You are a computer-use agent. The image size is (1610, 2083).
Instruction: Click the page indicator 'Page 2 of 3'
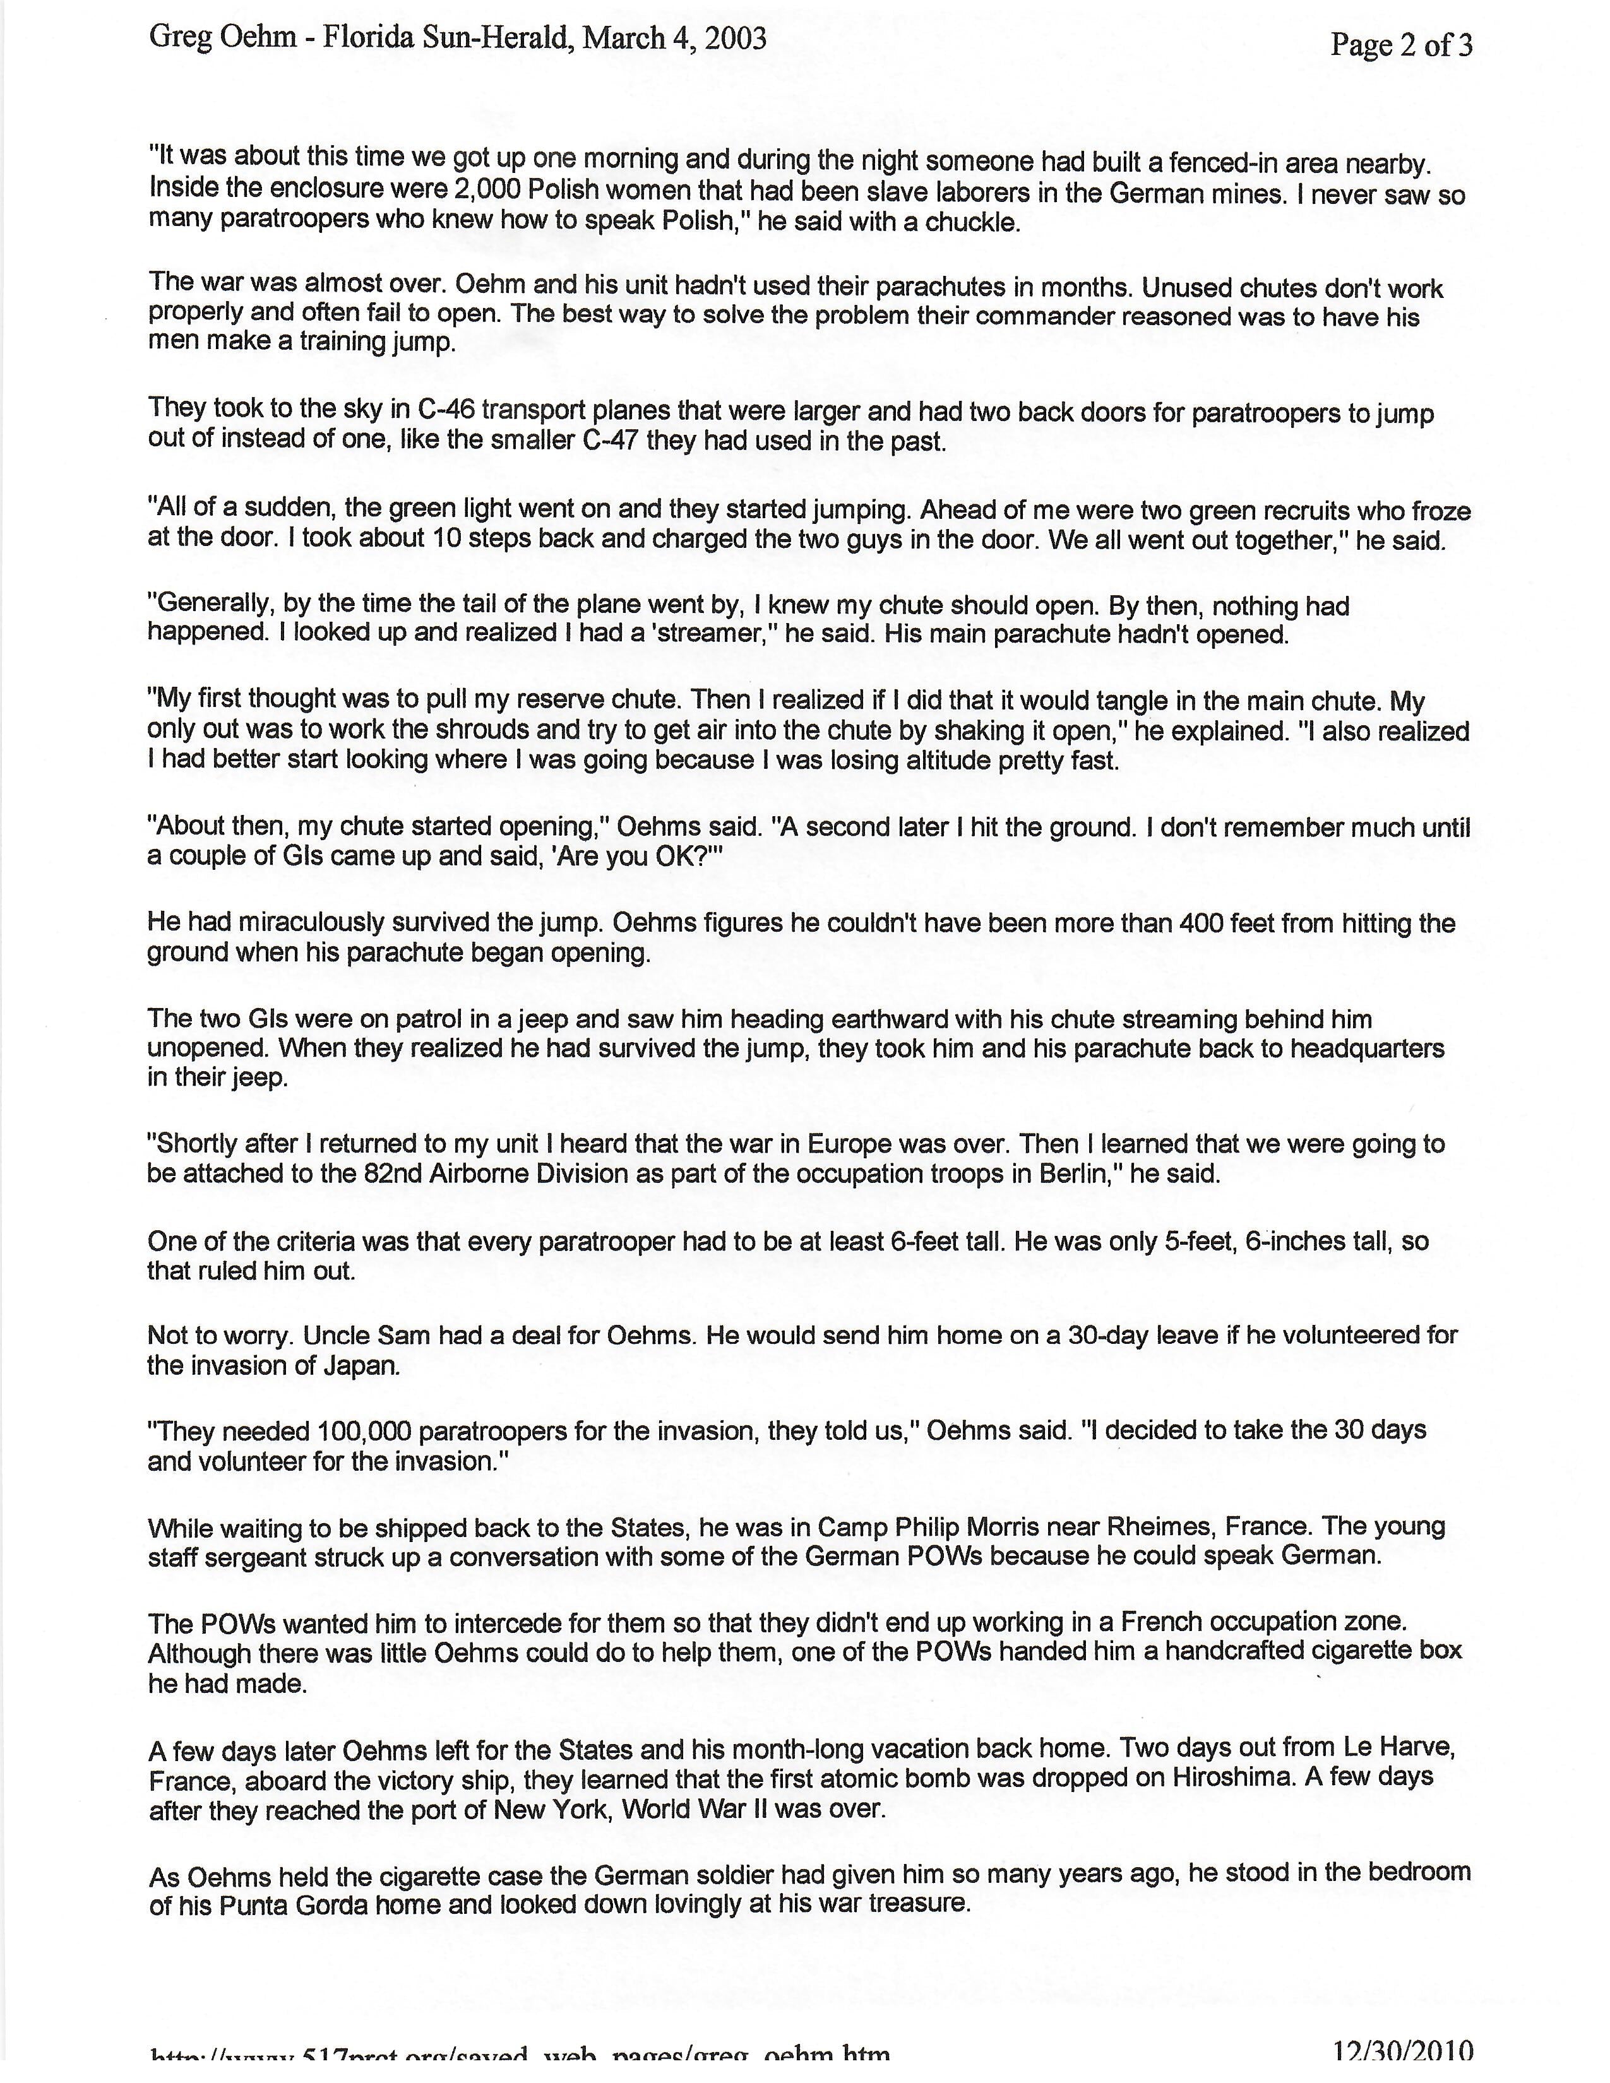pos(1400,45)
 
